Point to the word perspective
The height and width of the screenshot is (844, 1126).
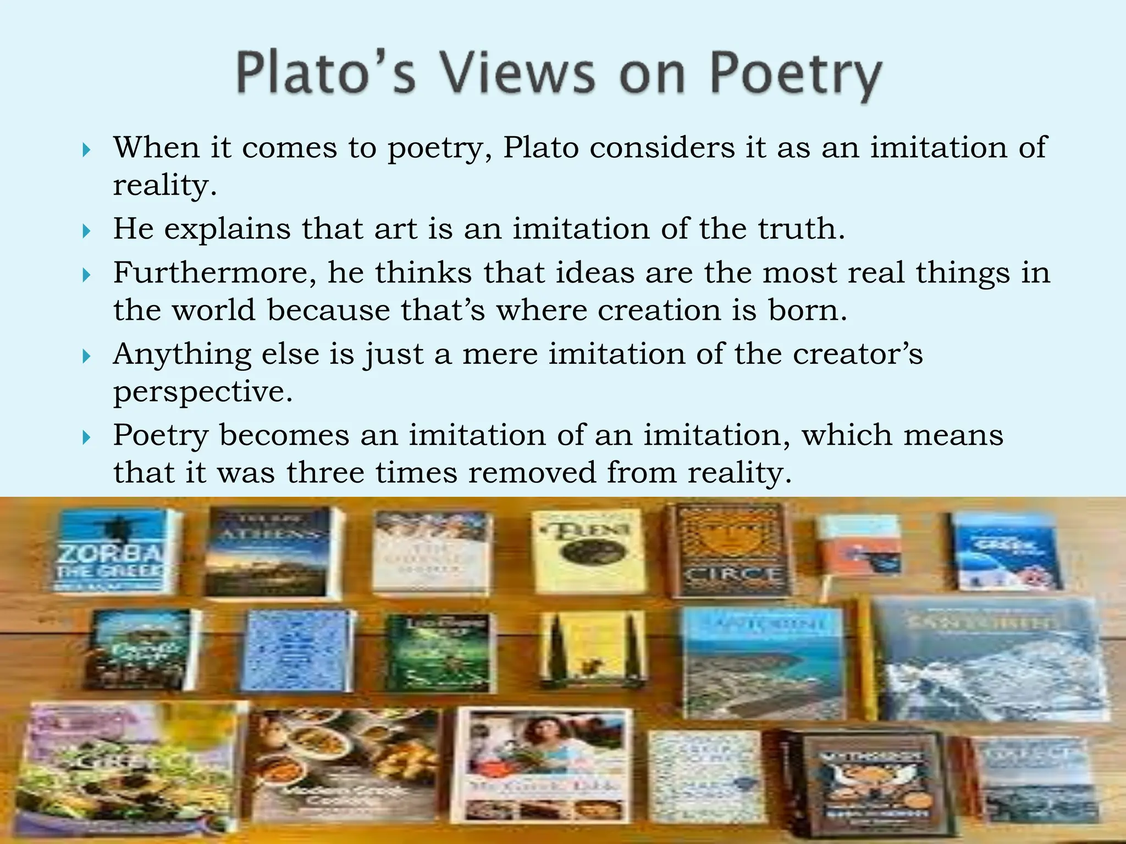tap(202, 392)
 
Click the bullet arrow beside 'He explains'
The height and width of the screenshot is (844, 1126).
tap(86, 231)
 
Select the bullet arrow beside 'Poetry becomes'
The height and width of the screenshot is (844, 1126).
tap(86, 438)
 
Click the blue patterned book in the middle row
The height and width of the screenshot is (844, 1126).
tap(297, 651)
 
